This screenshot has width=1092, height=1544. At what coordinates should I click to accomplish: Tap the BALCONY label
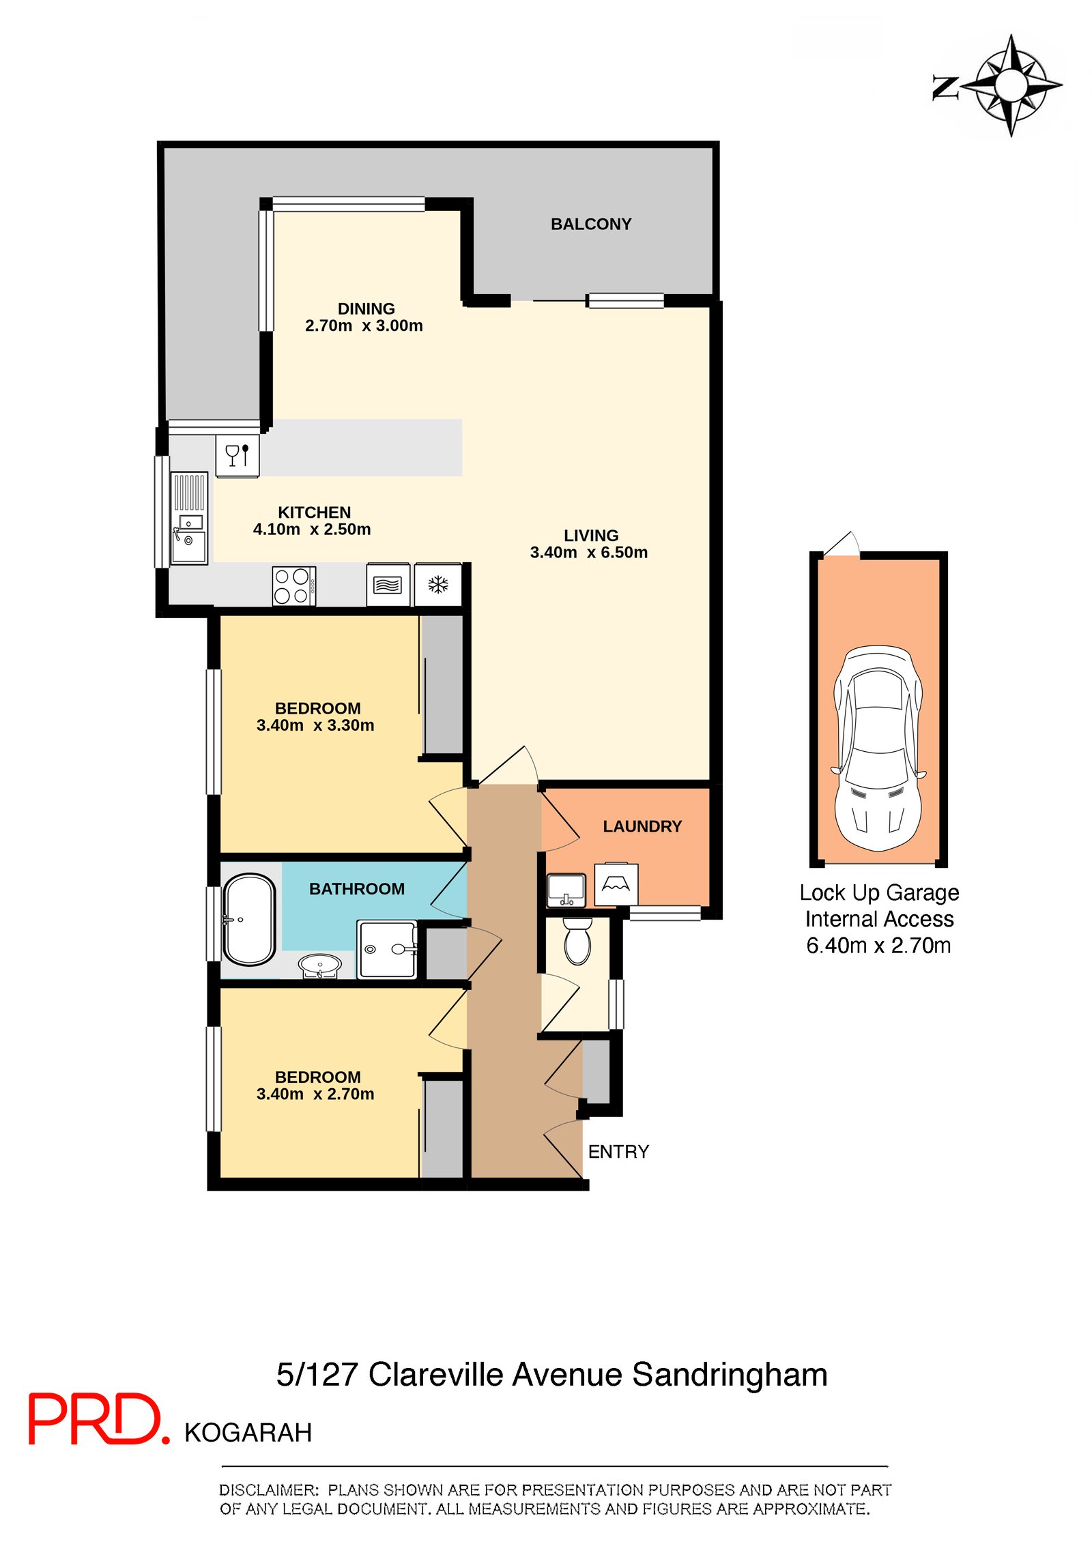pyautogui.click(x=591, y=224)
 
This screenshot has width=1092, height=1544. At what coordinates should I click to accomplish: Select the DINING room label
pyautogui.click(x=366, y=309)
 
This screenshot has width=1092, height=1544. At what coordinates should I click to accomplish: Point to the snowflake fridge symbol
pyautogui.click(x=438, y=585)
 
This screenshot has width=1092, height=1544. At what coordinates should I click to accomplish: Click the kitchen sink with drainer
pyautogui.click(x=189, y=519)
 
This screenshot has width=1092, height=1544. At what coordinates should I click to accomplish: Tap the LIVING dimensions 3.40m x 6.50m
pyautogui.click(x=589, y=553)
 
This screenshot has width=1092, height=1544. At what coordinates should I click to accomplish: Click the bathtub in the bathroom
pyautogui.click(x=250, y=920)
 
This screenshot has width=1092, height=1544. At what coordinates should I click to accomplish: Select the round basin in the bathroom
pyautogui.click(x=320, y=965)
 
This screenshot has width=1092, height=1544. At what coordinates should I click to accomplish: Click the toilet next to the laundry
pyautogui.click(x=577, y=941)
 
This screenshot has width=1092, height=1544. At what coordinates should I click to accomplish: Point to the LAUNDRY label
pyautogui.click(x=642, y=827)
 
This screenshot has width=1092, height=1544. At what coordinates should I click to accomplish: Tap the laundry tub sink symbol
pyautogui.click(x=566, y=890)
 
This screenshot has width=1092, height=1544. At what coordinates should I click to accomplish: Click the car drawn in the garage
pyautogui.click(x=878, y=748)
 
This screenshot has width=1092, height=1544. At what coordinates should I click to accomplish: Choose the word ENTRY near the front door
pyautogui.click(x=618, y=1152)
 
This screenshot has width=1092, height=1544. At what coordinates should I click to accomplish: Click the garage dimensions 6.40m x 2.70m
pyautogui.click(x=878, y=946)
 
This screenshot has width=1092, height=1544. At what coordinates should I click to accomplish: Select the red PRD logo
pyautogui.click(x=99, y=1419)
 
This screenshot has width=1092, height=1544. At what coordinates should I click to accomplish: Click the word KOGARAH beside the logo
pyautogui.click(x=248, y=1433)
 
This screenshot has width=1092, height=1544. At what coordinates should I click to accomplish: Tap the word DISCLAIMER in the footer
pyautogui.click(x=269, y=1491)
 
